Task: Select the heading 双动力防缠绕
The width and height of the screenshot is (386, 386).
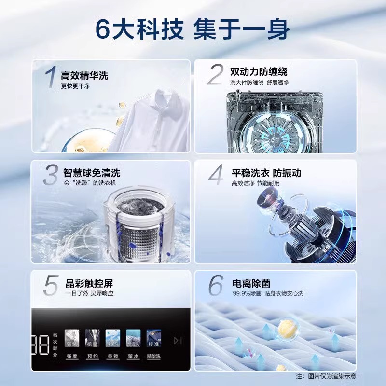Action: tap(259, 72)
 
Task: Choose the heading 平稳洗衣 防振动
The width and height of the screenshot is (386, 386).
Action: tap(266, 173)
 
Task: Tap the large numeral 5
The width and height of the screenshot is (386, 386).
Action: tap(51, 286)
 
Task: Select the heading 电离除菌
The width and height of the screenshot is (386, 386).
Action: tap(248, 283)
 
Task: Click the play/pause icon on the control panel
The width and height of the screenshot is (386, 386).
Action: tap(178, 341)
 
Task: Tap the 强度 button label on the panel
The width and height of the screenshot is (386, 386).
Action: tap(72, 356)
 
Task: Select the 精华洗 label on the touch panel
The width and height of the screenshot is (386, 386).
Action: tap(154, 356)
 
